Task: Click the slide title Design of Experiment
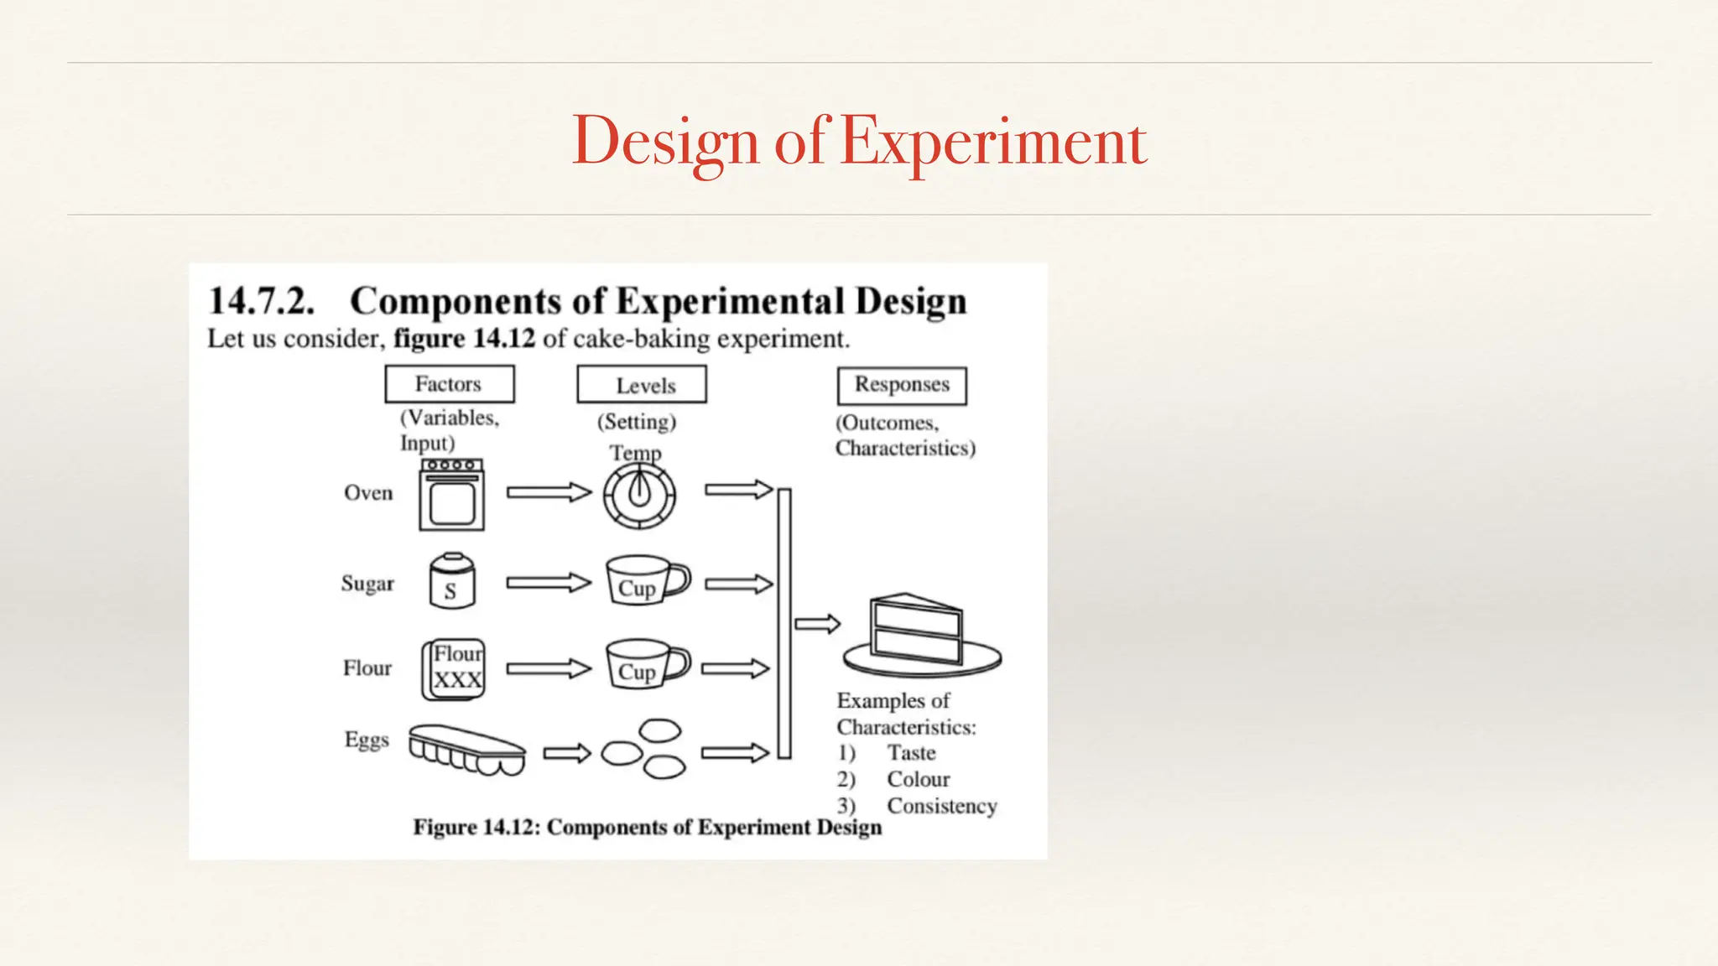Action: pos(859,141)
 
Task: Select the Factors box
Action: pos(449,384)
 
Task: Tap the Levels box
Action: pos(642,385)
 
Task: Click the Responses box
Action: pos(902,385)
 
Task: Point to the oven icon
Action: pos(452,495)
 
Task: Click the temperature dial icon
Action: pos(639,496)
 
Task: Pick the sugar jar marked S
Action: pos(451,581)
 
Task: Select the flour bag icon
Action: pos(454,668)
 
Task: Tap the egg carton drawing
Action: pos(466,749)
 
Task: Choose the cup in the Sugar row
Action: pos(647,579)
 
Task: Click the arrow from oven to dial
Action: pos(549,492)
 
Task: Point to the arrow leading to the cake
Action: pos(817,624)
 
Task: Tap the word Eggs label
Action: pos(367,740)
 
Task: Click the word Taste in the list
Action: pos(911,753)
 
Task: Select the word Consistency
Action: pos(942,806)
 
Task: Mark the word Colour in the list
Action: pos(919,779)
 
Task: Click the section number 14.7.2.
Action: pos(261,301)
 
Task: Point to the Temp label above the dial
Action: pos(635,453)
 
